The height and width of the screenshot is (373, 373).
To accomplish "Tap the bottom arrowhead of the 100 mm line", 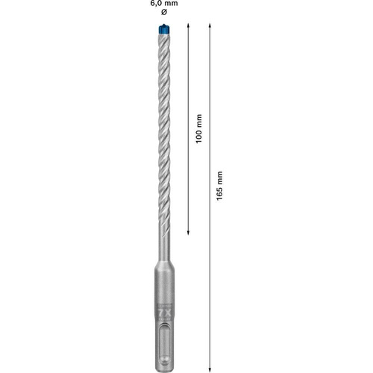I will (x=188, y=232).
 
